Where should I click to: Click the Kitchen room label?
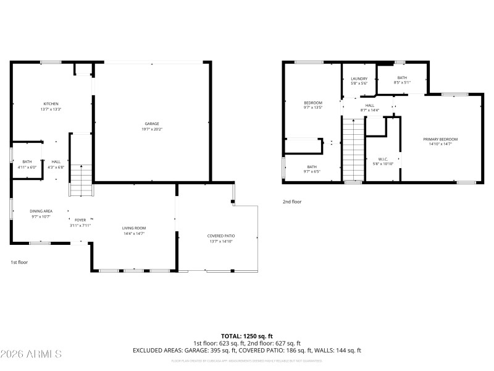coord(51,106)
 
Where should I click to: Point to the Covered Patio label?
coord(220,239)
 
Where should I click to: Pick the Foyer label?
coord(81,223)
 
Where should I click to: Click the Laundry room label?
coord(359,81)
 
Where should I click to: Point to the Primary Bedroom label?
coord(440,142)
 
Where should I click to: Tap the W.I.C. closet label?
coord(383,161)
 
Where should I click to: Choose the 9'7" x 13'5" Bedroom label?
coord(313,105)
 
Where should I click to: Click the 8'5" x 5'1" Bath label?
coord(402,80)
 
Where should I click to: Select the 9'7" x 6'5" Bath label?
coord(312,169)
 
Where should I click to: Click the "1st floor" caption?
coord(19,262)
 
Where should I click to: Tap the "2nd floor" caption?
coord(291,202)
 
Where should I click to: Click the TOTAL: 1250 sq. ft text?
coord(247,336)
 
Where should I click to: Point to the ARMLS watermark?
coord(31,354)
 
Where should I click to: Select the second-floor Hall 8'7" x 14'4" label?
coord(370,108)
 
